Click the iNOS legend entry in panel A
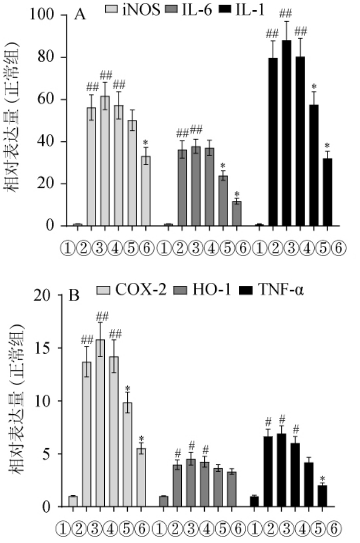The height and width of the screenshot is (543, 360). coord(134,9)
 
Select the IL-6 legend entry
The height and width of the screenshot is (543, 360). coord(195,9)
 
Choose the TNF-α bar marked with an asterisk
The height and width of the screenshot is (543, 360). coord(322,496)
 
